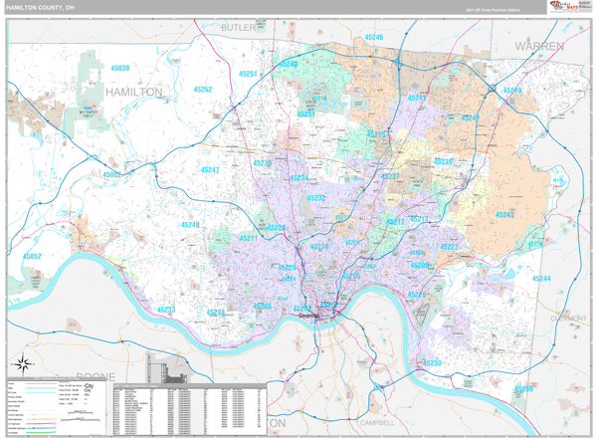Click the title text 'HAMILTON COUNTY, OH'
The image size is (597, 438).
pos(39,8)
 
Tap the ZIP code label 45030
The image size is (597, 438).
pos(119,68)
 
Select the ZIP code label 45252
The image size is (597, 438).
pos(202,90)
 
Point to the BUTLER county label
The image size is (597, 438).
pos(238,28)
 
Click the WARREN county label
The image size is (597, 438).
pos(539,46)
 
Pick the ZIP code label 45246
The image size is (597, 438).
pos(373,37)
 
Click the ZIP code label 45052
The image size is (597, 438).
pos(32,256)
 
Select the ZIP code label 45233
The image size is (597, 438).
pos(165,310)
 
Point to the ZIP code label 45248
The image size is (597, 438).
pos(189,225)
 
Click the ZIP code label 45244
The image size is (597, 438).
pos(541,279)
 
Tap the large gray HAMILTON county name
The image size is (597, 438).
pos(133,92)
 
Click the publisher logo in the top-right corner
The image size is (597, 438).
pos(561,7)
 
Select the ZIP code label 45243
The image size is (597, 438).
pos(504,214)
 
